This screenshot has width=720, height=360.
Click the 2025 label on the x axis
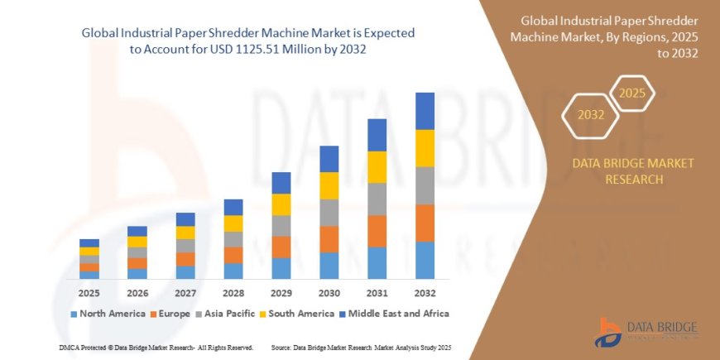click(89, 294)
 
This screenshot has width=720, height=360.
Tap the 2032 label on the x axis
click(425, 294)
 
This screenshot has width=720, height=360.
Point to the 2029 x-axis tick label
click(281, 294)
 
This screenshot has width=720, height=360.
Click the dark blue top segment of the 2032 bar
click(425, 111)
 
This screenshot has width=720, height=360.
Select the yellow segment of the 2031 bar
click(377, 167)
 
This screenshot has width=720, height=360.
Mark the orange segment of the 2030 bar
click(329, 239)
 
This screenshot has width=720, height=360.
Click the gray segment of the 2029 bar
click(281, 226)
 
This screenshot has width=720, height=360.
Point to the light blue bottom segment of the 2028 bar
click(233, 271)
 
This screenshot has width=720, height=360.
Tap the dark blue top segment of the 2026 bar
click(137, 231)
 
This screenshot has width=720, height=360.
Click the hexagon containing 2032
click(591, 115)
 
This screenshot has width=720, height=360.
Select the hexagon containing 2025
click(632, 93)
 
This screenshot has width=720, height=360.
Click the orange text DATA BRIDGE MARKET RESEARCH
click(633, 170)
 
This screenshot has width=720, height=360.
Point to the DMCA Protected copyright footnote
click(156, 347)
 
